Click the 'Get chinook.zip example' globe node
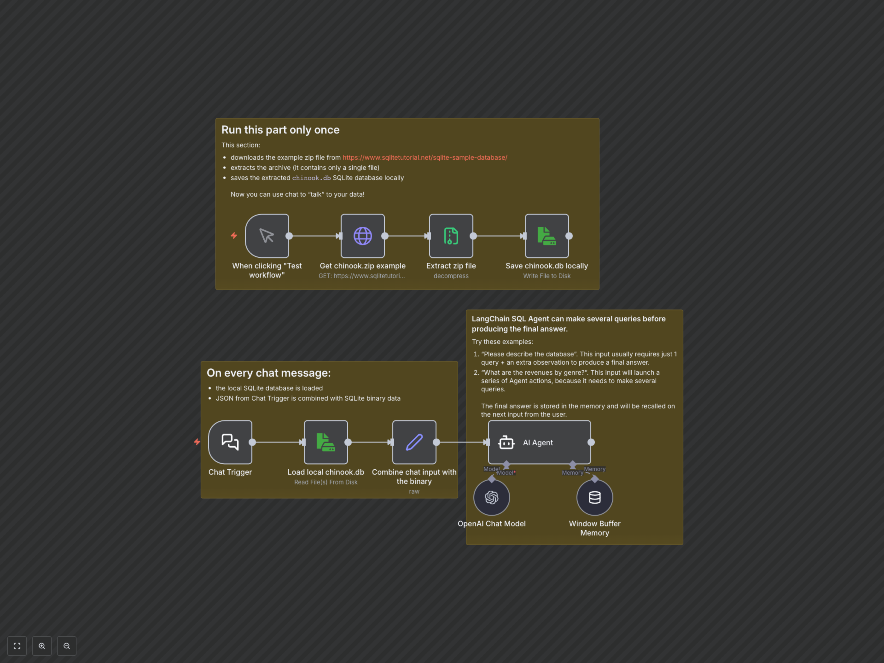click(363, 236)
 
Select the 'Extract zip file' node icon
click(451, 236)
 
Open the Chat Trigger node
click(230, 442)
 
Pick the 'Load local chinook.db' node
click(326, 442)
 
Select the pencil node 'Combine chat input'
click(414, 442)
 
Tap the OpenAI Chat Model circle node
click(491, 497)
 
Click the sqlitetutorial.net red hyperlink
click(425, 157)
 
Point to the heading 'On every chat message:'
click(269, 373)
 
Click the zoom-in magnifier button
click(42, 646)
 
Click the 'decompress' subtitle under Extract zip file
click(451, 276)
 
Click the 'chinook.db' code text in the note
click(311, 178)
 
